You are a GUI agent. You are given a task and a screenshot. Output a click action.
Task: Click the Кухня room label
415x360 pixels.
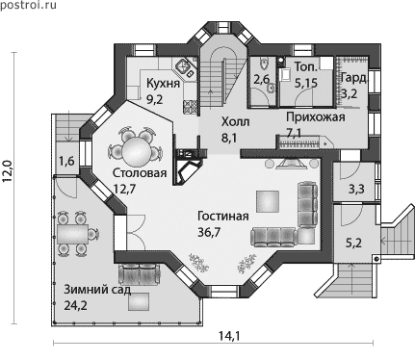(x=163, y=83)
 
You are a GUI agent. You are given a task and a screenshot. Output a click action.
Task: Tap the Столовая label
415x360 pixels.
(x=140, y=173)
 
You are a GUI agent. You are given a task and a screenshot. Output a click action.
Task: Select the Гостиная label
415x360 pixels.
(x=223, y=216)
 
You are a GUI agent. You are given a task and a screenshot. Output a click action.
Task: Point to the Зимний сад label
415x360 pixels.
(x=97, y=290)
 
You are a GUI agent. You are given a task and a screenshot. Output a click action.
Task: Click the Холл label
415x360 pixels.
(x=236, y=122)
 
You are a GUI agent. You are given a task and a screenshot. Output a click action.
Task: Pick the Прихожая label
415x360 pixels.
(x=316, y=117)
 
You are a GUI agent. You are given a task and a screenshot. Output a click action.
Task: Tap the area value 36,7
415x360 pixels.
(x=209, y=232)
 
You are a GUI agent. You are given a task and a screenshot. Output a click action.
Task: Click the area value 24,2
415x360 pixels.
(x=75, y=306)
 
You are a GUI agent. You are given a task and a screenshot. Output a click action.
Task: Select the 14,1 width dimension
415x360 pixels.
(x=229, y=336)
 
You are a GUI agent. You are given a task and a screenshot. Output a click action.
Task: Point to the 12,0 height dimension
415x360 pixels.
(x=8, y=170)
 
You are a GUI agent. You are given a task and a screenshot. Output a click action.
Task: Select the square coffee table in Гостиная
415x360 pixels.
(x=268, y=201)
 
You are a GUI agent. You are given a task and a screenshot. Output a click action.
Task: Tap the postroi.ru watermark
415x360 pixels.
(x=28, y=5)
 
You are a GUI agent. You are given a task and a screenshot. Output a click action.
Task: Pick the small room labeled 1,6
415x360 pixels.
(x=67, y=159)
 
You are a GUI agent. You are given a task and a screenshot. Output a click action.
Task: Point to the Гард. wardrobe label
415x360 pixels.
(x=353, y=78)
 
